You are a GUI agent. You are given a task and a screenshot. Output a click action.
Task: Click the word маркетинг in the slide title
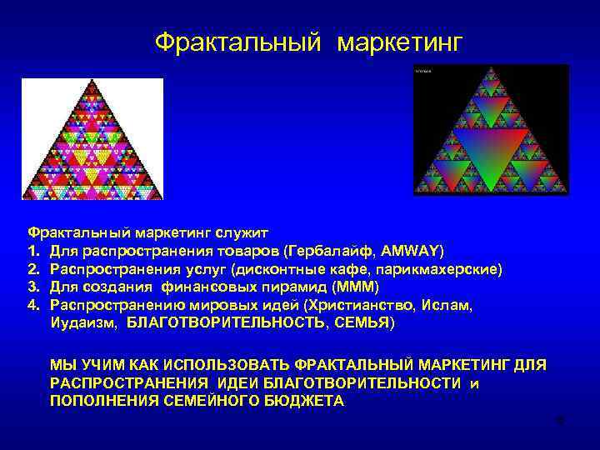398,42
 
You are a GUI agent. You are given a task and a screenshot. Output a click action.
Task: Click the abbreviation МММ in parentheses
355,287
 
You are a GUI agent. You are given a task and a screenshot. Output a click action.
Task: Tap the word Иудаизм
82,322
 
